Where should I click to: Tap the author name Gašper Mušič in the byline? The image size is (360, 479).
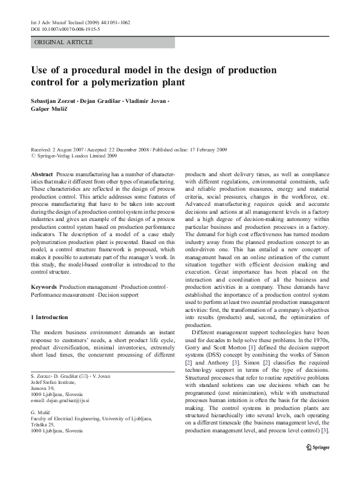[51, 110]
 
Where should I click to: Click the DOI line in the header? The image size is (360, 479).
[65, 28]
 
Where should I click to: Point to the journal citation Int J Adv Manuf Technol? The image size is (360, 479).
[60, 22]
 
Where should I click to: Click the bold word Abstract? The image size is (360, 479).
[41, 174]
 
